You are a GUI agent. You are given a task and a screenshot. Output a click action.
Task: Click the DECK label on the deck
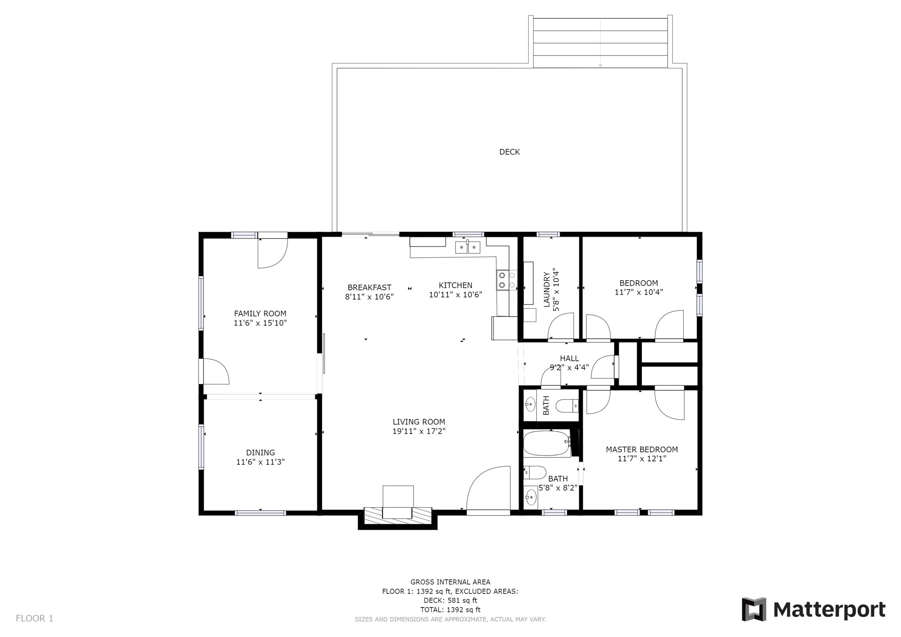tap(509, 152)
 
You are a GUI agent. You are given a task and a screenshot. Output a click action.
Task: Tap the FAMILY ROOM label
tap(260, 314)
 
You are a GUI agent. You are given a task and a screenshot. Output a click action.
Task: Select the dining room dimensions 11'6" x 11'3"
tap(260, 462)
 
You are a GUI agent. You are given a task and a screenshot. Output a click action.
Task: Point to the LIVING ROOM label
tap(419, 422)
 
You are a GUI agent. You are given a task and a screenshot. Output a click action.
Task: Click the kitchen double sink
tap(468, 247)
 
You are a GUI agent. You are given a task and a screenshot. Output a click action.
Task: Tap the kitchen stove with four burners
tap(506, 280)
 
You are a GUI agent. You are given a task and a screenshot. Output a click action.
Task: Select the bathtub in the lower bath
tap(547, 443)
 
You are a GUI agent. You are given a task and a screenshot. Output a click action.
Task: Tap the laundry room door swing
tap(561, 326)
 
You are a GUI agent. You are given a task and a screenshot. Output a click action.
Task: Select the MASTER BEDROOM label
tap(642, 450)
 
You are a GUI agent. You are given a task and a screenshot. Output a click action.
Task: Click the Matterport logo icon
tap(754, 609)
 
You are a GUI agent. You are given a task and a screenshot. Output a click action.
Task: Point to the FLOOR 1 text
tap(34, 619)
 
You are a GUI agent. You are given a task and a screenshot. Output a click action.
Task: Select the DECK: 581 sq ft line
tap(450, 600)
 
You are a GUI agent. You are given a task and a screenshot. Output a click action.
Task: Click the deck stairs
tap(600, 43)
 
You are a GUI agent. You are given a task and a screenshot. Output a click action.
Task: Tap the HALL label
tap(569, 359)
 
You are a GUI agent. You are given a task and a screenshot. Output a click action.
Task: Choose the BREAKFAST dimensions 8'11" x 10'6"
tap(369, 297)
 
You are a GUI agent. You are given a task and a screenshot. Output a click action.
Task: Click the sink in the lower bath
tap(531, 498)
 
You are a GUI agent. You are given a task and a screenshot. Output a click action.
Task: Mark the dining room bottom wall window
tap(260, 513)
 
